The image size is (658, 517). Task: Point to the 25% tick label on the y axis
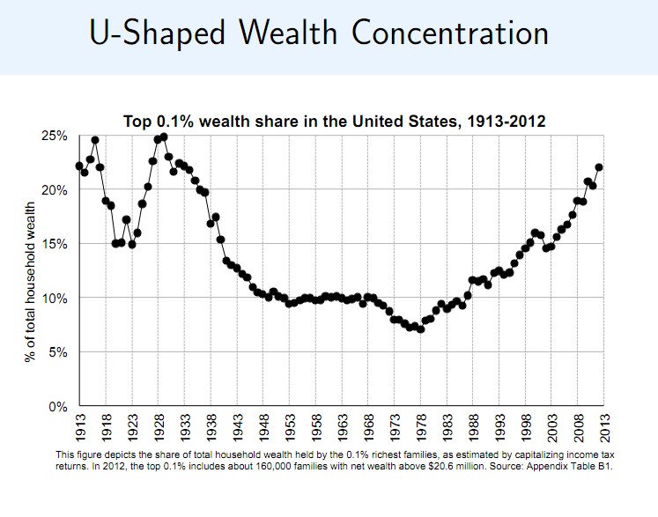click(x=53, y=136)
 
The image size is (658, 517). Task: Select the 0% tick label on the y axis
click(x=56, y=407)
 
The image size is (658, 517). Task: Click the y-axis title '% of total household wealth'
click(x=30, y=271)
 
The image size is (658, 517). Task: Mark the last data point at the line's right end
click(x=599, y=166)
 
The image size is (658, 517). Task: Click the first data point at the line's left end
click(x=79, y=166)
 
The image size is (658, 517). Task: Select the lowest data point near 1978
click(x=421, y=329)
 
